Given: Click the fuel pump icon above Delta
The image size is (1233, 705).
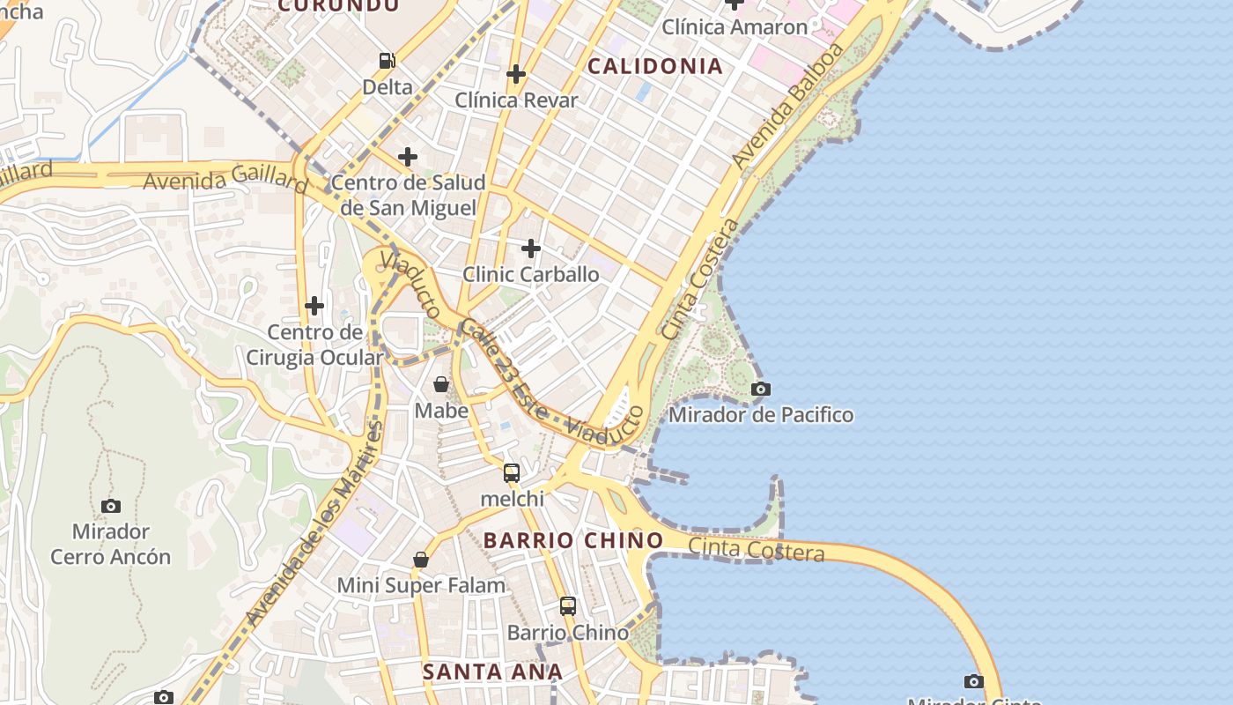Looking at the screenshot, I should click(387, 61).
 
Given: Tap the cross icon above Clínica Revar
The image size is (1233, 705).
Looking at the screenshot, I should click(516, 75).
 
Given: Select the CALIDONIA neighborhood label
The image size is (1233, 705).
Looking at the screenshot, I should click(654, 66).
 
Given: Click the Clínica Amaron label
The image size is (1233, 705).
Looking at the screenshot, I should click(735, 27).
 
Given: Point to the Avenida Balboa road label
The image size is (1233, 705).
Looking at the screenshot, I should click(788, 106).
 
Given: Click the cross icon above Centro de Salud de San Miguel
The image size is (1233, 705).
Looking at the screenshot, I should click(407, 158).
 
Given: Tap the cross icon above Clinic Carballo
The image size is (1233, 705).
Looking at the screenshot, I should click(531, 249).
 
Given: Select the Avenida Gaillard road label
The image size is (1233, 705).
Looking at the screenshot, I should click(225, 180).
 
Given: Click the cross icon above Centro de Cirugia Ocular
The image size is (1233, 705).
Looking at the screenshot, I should click(314, 307).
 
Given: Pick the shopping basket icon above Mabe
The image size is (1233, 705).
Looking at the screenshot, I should click(441, 384).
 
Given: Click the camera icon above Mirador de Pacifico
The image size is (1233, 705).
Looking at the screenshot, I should click(761, 389).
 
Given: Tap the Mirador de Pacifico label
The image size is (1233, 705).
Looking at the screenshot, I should click(761, 414).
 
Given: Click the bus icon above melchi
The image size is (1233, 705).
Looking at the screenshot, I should click(512, 473).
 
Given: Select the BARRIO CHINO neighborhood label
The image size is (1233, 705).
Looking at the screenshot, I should click(573, 540).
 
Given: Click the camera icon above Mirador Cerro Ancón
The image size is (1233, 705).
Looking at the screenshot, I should click(110, 506).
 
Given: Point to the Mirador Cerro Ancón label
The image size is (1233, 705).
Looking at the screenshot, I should click(110, 544).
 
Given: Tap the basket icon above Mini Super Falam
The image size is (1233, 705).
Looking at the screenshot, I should click(421, 560).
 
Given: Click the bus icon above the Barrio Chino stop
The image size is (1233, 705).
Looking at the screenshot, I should click(568, 606).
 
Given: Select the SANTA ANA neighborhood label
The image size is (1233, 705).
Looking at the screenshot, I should click(492, 672).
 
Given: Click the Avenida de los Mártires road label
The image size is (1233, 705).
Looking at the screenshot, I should click(315, 523).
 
